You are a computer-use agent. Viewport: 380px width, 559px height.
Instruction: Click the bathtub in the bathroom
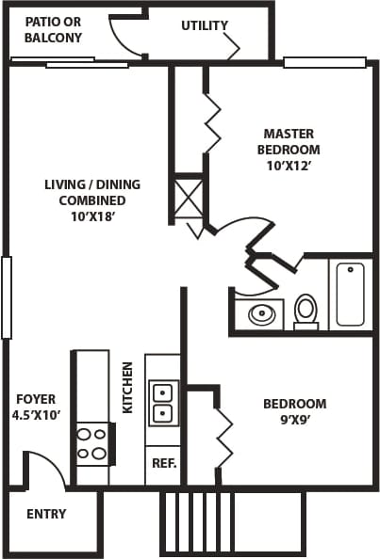coord(350,294)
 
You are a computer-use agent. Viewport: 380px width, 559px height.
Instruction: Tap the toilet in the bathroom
coord(306,310)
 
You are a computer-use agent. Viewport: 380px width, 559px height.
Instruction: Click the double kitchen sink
coord(163,402)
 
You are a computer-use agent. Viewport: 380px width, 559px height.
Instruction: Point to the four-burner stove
coord(91,444)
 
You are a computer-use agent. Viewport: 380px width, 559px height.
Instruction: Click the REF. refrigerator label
coord(162,464)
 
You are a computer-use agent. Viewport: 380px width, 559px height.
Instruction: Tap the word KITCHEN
coord(127,388)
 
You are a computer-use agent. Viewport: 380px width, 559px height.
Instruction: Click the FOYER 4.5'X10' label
coord(36,407)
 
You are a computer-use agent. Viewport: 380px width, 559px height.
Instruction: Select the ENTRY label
coord(46,514)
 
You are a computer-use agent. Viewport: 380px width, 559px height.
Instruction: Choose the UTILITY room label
coord(205,25)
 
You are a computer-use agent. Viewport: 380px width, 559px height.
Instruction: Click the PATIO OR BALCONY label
coord(53,30)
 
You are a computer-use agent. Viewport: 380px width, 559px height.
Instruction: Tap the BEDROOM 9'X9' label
coord(294,411)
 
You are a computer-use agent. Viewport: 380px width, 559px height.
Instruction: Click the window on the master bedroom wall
coord(323,63)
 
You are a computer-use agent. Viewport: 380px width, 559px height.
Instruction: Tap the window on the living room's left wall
coord(7,297)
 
